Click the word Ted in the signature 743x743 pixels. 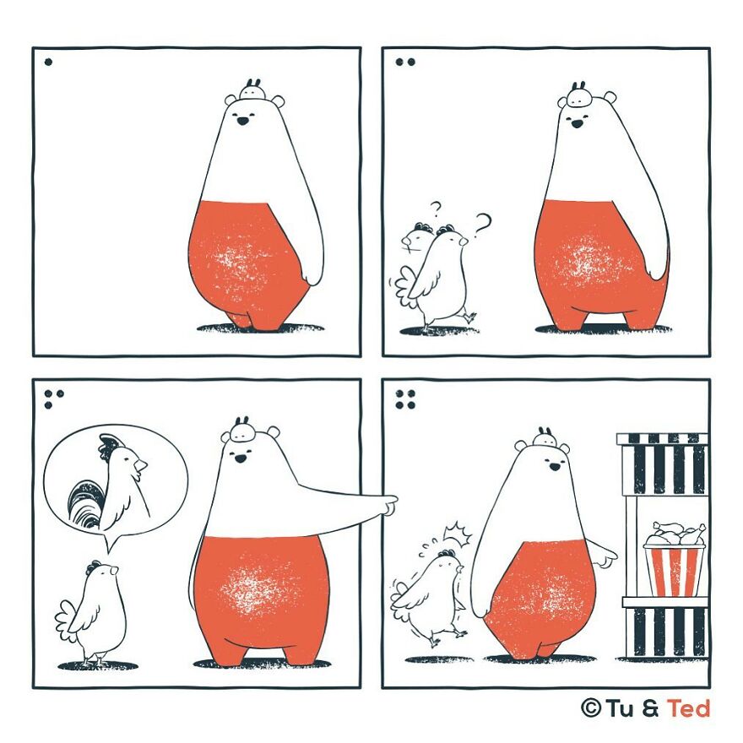point(689,709)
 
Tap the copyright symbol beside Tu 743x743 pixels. point(590,709)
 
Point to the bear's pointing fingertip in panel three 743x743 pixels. point(395,500)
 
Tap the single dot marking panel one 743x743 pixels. point(48,62)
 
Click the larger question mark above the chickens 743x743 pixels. point(482,225)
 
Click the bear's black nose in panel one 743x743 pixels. point(242,122)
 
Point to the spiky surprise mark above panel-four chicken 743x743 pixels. point(458,533)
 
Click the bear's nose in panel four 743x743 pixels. point(555,467)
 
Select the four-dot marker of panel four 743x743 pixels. point(405,399)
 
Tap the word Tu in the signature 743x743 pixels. point(621,709)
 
